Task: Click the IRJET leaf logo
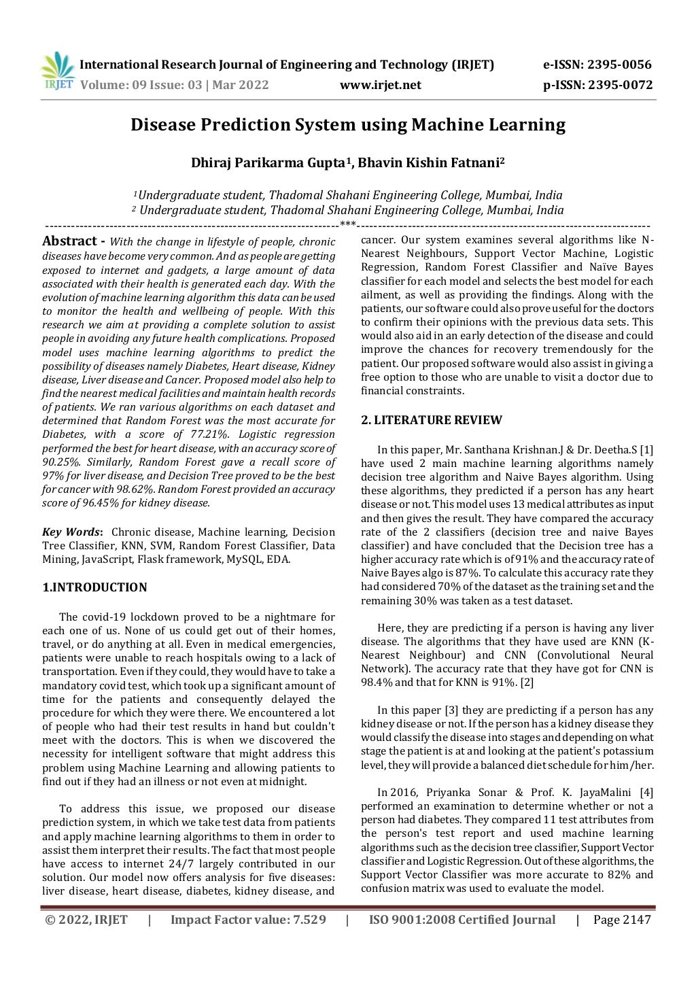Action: [57, 71]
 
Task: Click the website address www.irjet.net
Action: [380, 85]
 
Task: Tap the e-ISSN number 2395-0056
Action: [619, 65]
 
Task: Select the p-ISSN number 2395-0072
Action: [620, 85]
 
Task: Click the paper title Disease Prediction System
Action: [347, 125]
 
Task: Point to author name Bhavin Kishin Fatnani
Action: [430, 163]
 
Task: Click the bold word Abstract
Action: [69, 241]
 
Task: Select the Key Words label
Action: [71, 532]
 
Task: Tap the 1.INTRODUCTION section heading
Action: [94, 587]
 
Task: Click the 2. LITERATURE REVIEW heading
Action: [431, 420]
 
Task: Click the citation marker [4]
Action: [646, 793]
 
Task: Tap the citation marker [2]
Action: [527, 682]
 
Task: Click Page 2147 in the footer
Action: [622, 920]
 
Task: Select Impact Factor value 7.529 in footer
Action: [247, 920]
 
